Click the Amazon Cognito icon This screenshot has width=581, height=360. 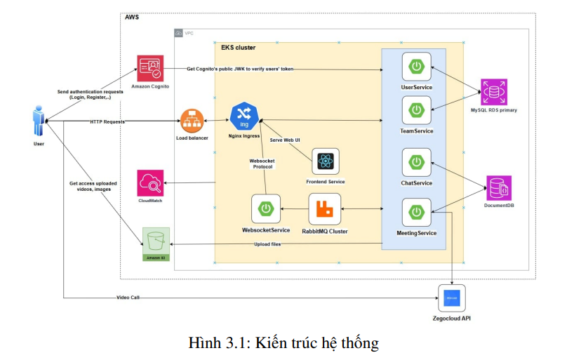click(x=150, y=68)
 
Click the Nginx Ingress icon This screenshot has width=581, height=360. click(x=244, y=116)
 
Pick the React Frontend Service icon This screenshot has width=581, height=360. click(x=325, y=162)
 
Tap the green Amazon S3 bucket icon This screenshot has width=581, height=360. click(x=156, y=242)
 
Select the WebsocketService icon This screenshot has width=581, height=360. click(x=266, y=208)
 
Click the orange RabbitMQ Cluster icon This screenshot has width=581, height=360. click(x=324, y=208)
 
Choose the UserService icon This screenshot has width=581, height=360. click(x=416, y=67)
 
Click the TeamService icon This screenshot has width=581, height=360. click(x=416, y=111)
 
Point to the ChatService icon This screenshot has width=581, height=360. click(x=416, y=162)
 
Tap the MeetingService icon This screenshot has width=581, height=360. click(x=416, y=213)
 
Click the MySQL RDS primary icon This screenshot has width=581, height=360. click(x=493, y=92)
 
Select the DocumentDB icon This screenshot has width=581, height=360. click(x=498, y=188)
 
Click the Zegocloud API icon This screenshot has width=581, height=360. click(x=452, y=299)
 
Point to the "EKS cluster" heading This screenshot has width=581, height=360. click(x=239, y=48)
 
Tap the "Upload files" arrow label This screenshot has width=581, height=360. click(x=267, y=244)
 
